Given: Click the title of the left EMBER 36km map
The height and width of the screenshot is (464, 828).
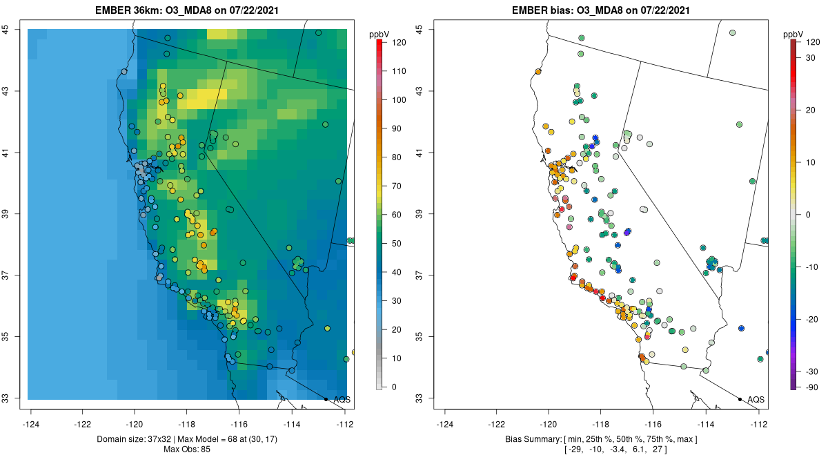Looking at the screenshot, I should [x=186, y=10].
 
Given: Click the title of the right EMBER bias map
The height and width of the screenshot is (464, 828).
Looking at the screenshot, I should [x=600, y=10].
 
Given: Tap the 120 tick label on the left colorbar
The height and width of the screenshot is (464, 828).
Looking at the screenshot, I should [x=398, y=42].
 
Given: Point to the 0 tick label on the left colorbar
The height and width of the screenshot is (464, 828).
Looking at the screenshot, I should [x=394, y=387].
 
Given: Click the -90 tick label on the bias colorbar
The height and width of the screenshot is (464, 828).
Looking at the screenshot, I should [x=813, y=387].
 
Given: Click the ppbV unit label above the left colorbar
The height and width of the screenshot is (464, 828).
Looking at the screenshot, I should [x=379, y=33].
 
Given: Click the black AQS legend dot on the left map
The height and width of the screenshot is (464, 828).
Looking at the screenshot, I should [x=326, y=399].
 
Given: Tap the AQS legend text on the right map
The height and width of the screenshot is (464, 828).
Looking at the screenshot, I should [x=756, y=399].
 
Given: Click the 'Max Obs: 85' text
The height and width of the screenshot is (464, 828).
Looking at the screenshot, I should [x=186, y=449].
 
